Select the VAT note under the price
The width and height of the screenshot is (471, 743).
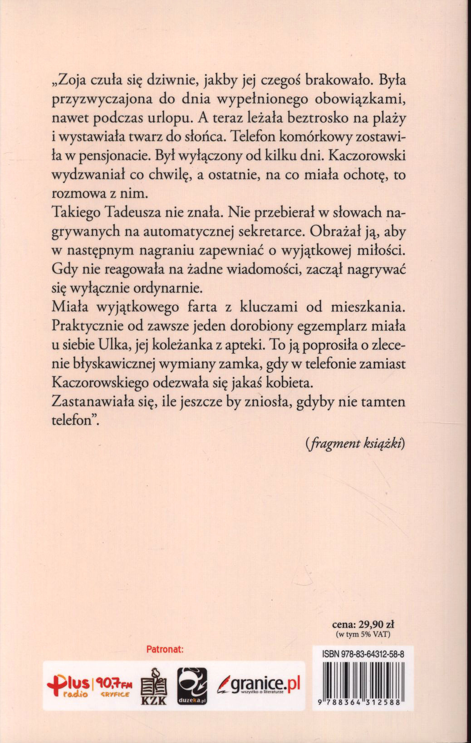363,634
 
